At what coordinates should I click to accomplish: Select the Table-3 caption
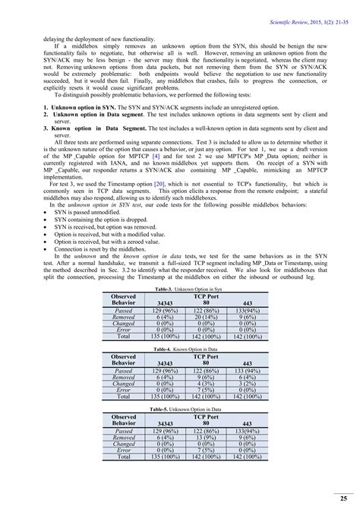point(180,290)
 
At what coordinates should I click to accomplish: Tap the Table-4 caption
point(180,349)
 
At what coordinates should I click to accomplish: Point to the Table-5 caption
point(180,408)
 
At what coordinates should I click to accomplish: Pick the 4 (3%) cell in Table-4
point(206,384)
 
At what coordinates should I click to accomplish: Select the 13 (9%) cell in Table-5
point(206,438)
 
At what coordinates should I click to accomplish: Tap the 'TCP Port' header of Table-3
point(206,296)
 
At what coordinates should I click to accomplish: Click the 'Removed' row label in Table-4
point(123,378)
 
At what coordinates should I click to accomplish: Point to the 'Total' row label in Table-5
point(123,457)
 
